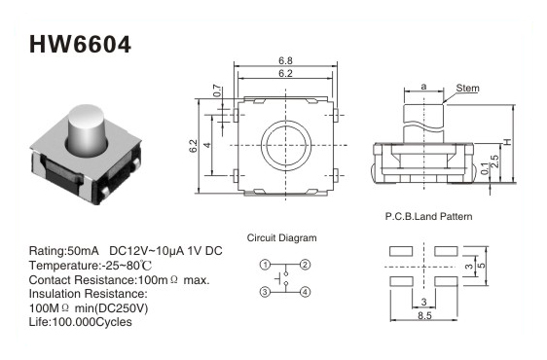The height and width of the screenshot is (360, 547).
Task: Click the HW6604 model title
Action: pyautogui.click(x=80, y=45)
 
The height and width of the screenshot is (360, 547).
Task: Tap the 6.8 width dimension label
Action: pyautogui.click(x=285, y=60)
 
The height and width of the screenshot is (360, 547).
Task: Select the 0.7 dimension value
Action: pyautogui.click(x=217, y=90)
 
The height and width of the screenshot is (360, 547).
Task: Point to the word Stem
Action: pyautogui.click(x=467, y=89)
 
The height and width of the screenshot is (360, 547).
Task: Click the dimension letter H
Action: pyautogui.click(x=507, y=142)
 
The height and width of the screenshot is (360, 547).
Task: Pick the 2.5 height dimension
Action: pyautogui.click(x=494, y=162)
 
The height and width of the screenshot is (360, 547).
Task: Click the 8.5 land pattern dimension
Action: pyautogui.click(x=424, y=315)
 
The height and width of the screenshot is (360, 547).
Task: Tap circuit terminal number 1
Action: pyautogui.click(x=265, y=265)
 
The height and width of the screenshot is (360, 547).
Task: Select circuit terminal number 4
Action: pyautogui.click(x=305, y=292)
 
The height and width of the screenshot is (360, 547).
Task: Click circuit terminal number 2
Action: pyautogui.click(x=305, y=265)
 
